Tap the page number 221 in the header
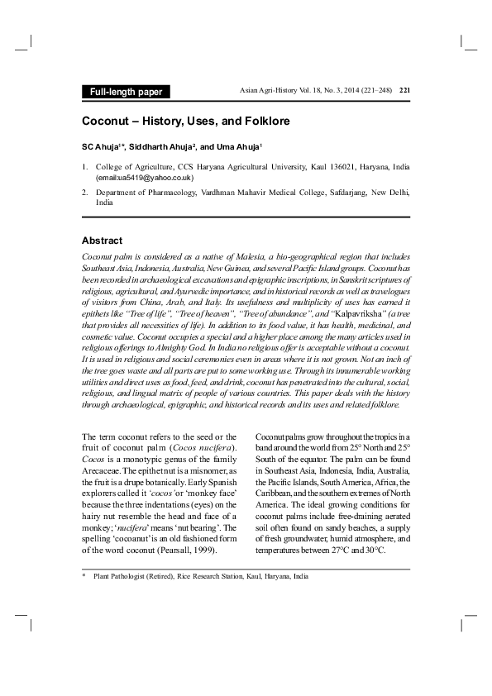404,90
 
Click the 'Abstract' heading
102,241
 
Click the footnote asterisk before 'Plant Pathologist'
84,576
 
